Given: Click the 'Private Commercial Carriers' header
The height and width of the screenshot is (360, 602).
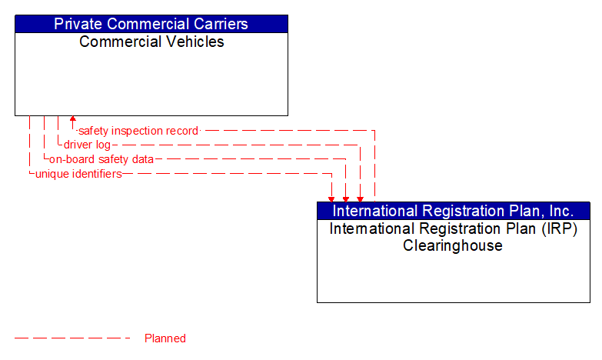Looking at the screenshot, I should (x=151, y=24).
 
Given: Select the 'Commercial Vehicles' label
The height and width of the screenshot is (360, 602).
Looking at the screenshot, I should (x=151, y=42).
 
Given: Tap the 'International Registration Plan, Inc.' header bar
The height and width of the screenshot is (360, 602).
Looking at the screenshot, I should (x=453, y=211).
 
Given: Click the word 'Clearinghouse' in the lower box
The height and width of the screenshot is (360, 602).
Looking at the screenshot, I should (x=453, y=246).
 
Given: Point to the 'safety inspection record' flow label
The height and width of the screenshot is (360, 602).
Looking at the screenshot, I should (x=138, y=131).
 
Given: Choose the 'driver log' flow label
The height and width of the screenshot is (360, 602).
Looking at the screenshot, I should (x=87, y=145).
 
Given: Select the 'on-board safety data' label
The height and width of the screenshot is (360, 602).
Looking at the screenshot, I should (x=101, y=159).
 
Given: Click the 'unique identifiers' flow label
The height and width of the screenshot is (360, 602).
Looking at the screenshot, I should (x=78, y=174).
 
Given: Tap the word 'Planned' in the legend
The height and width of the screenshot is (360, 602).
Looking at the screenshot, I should (x=165, y=338).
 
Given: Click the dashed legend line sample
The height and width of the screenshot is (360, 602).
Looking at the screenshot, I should (x=73, y=338).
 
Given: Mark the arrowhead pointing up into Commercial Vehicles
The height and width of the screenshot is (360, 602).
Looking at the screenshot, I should (x=72, y=120).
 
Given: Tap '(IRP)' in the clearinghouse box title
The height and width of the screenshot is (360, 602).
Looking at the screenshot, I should (x=559, y=229).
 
